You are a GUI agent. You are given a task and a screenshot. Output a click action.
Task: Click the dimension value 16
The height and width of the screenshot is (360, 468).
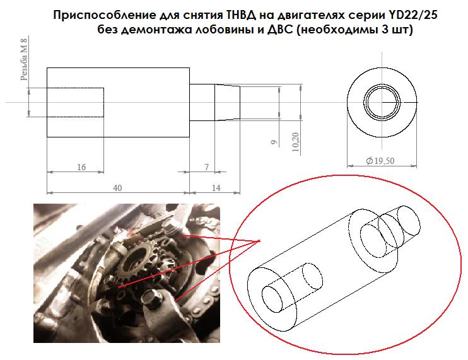pos(81,167)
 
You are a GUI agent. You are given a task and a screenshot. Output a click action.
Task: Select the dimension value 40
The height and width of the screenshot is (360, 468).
pos(117,188)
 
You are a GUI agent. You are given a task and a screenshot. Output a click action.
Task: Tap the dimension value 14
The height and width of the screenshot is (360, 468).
pos(216,188)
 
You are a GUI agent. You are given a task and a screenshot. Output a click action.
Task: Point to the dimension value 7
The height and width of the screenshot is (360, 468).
pos(206,167)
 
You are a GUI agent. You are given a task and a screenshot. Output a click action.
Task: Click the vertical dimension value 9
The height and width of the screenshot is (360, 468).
pos(274,142)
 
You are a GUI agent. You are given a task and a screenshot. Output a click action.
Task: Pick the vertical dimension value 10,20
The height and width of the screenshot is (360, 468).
pos(295,142)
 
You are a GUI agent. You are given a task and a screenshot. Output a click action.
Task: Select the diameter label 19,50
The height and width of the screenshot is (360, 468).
pos(380,161)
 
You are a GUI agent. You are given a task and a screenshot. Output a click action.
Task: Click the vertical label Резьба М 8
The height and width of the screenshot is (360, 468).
pos(24,59)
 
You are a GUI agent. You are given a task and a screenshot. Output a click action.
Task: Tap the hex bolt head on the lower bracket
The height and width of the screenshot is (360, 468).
pos(151,298)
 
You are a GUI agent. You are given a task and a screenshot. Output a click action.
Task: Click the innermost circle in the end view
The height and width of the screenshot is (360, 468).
pos(382,102)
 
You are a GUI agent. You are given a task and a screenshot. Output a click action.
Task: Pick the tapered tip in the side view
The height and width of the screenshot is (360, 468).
pos(228,102)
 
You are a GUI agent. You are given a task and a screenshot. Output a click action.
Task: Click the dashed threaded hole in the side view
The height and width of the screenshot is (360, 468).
pos(75,102)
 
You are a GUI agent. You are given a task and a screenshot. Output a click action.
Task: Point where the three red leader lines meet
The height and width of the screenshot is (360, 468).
pos(259,241)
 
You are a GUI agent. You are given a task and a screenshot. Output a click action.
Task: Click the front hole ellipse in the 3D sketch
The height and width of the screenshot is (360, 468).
pos(272,299)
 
